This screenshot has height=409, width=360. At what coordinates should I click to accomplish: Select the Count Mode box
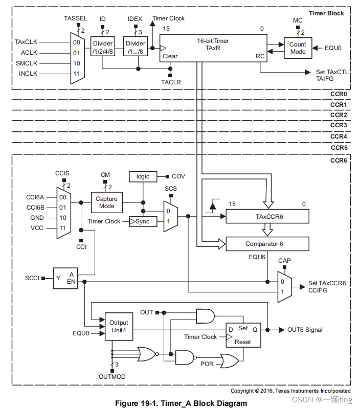[298, 48]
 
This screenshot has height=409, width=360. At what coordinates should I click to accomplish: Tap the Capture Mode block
[107, 202]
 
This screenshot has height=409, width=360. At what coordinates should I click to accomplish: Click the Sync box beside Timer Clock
[143, 221]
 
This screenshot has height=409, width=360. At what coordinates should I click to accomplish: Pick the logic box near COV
[143, 176]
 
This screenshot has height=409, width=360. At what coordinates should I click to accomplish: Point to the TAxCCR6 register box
[267, 217]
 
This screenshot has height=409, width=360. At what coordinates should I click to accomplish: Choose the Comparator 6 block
[267, 244]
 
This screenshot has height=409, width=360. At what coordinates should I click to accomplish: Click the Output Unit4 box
[119, 327]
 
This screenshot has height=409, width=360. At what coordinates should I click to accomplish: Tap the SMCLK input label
[28, 63]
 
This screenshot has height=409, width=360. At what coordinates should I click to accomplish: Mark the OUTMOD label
[112, 377]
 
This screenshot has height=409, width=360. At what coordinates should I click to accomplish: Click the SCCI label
[32, 278]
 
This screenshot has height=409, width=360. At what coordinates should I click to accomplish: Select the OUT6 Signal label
[305, 330]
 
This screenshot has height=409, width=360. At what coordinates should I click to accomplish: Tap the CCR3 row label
[338, 125]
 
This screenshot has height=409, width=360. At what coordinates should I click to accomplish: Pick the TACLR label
[171, 82]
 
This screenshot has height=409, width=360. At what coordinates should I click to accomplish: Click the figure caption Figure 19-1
[181, 403]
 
